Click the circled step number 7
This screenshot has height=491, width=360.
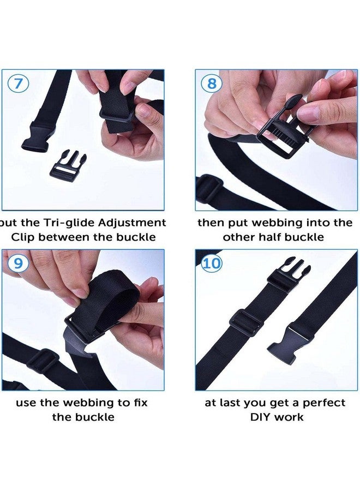coord(19,85)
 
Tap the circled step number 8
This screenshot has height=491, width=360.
coord(211,85)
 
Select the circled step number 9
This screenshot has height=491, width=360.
coord(19,264)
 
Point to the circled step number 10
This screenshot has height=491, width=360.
coord(212,264)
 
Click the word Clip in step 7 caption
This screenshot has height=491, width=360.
coord(25,237)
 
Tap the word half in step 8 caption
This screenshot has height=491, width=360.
coord(278,237)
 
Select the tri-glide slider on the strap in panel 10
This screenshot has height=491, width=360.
coord(247,321)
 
